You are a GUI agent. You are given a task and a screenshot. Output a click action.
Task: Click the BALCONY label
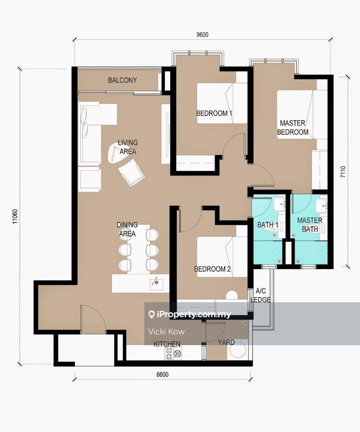pos(122,80)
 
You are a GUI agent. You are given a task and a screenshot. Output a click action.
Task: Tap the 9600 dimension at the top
pos(202,35)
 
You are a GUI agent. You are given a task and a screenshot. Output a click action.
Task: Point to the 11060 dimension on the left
pos(15,217)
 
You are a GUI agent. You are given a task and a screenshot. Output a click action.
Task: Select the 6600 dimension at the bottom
pos(162,374)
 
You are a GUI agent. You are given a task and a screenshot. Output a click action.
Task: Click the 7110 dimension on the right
pos(343,172)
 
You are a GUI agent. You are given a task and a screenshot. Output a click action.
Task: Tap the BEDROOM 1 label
pos(214,113)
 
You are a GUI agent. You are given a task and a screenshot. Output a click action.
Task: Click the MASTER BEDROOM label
pos(293,127)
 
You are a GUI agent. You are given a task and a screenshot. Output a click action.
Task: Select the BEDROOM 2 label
pos(213,269)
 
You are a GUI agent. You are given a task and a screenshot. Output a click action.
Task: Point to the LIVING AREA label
pos(128,147)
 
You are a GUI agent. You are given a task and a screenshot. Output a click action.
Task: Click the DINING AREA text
pos(127,229)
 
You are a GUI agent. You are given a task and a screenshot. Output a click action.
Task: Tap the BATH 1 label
pos(268,225)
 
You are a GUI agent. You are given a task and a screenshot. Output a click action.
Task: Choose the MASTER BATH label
pos(310,224)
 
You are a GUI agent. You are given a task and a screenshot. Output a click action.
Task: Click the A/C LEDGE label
pos(261,295)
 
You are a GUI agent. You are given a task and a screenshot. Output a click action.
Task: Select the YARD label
pos(226,342)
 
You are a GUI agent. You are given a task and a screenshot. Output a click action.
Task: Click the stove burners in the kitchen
pos(173,352)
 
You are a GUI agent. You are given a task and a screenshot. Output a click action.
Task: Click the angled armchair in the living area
pos(131,172)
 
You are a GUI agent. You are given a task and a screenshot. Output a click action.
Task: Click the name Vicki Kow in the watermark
pos(166,331)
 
